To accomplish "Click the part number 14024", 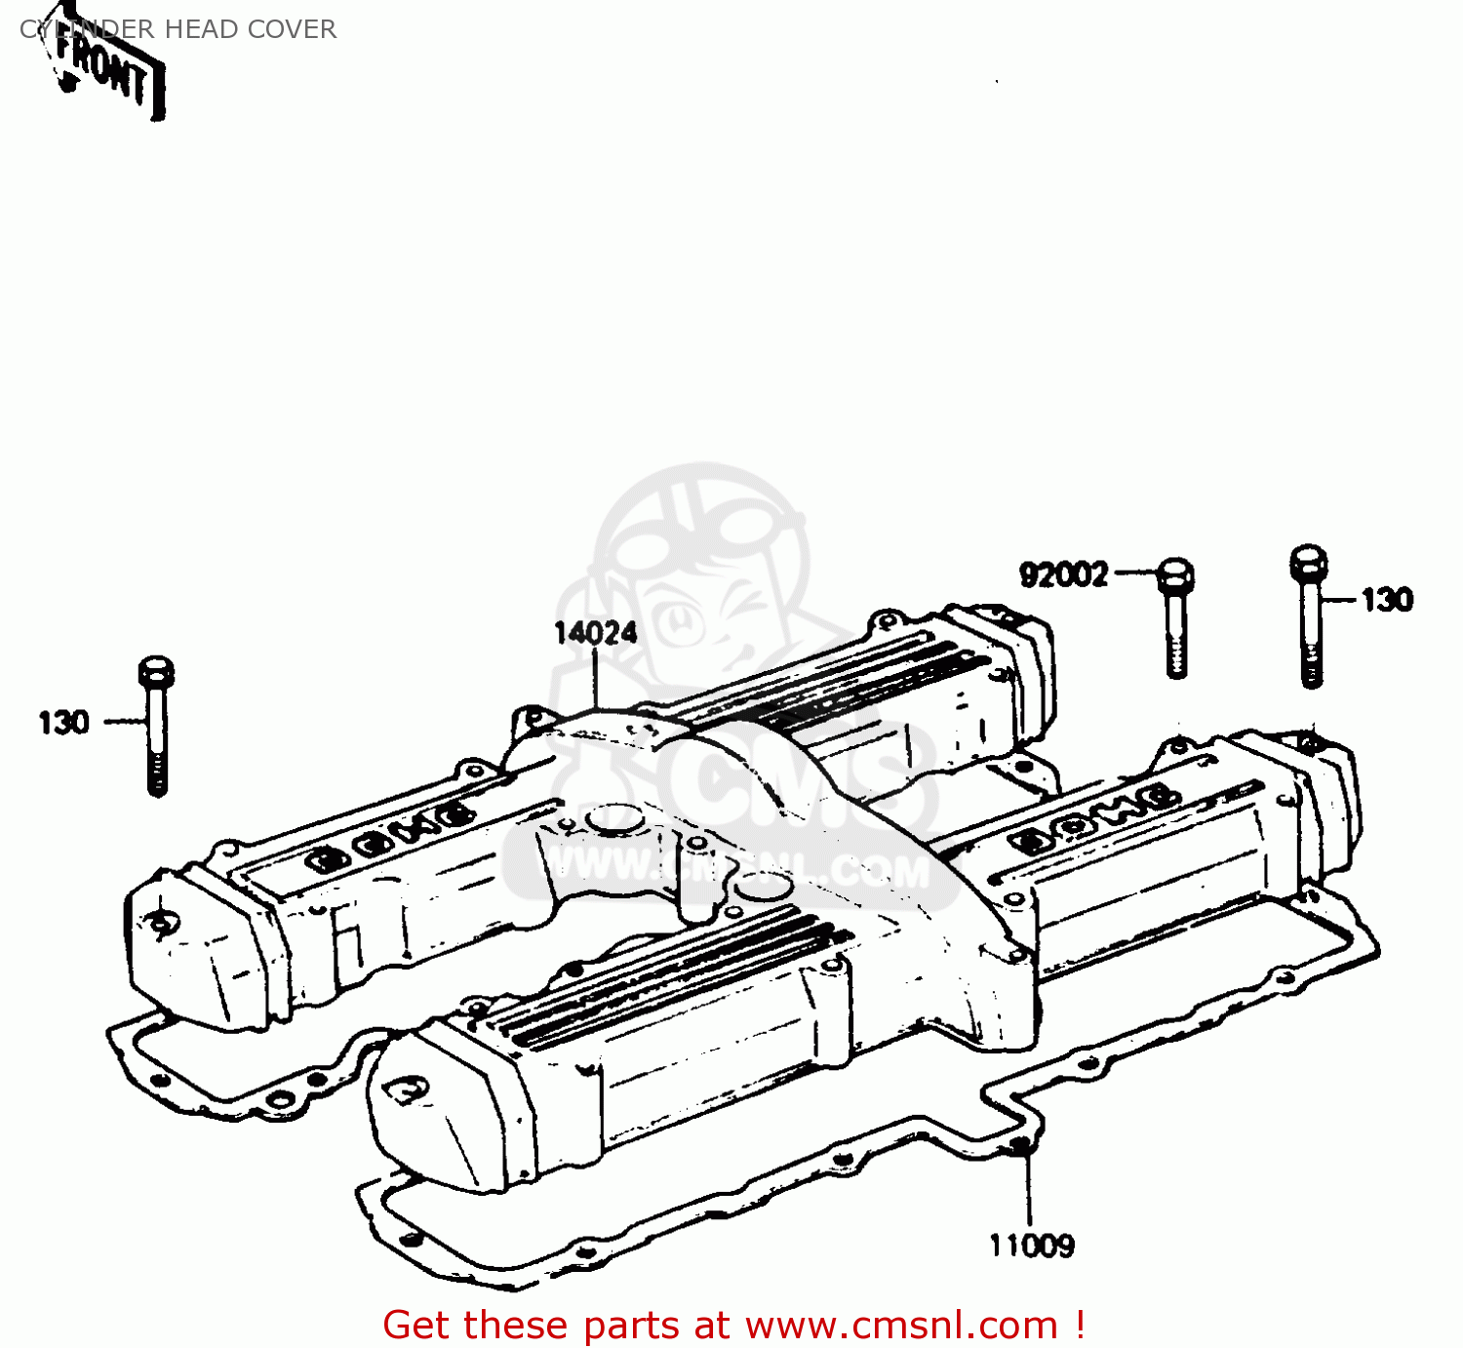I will pos(595,634).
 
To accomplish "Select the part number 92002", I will pos(1064,575).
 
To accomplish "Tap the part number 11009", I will pos(1032,1246).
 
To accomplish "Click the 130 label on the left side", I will pos(63,723).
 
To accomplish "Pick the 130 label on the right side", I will pos(1387,599).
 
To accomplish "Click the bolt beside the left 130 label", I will pos(156,726).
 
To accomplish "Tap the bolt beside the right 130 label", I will pos(1309,615).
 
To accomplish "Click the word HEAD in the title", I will pos(201,29).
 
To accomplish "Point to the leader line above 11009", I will pos(1027,1190).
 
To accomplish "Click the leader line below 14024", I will pos(595,678).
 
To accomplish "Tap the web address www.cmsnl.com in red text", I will pos(901,1326).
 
